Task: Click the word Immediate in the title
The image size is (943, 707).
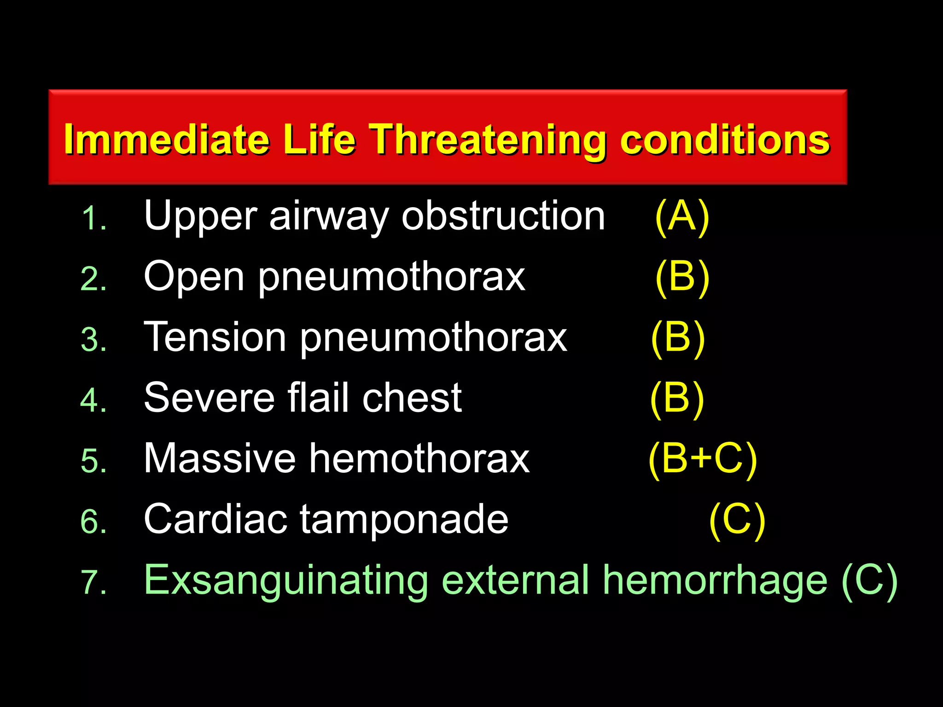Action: [166, 139]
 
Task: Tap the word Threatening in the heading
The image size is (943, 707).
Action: [488, 139]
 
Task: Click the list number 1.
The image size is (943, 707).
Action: [93, 218]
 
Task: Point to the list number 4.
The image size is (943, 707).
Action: [93, 400]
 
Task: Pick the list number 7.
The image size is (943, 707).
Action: [93, 582]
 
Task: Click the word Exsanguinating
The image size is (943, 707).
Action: [286, 581]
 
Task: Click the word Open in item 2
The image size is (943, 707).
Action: [193, 277]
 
